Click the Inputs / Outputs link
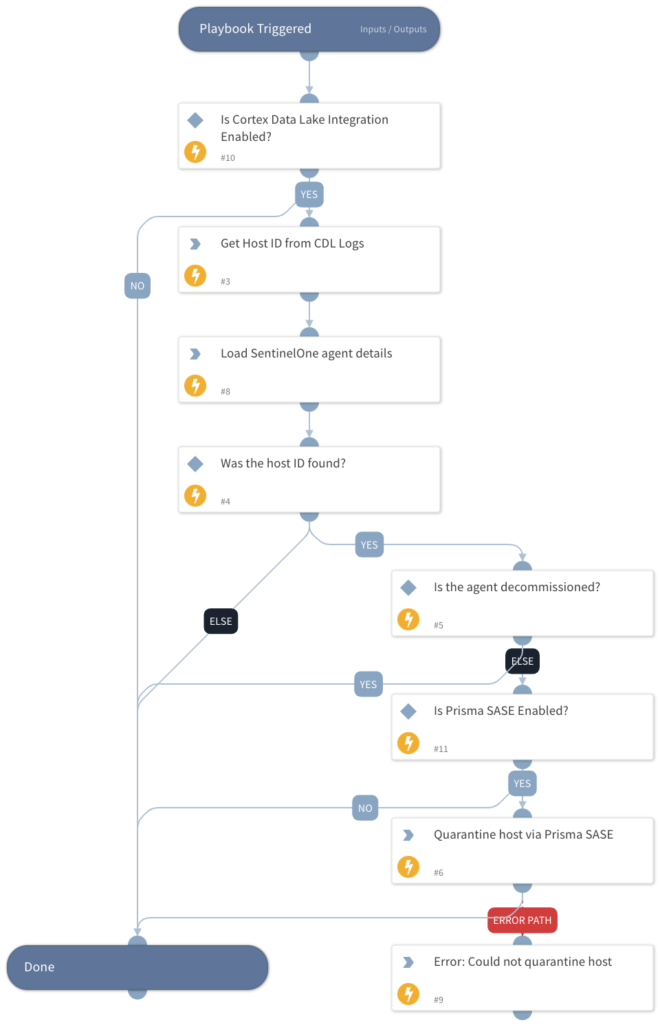pyautogui.click(x=393, y=30)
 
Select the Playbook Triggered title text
pyautogui.click(x=255, y=29)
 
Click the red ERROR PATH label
pyautogui.click(x=522, y=920)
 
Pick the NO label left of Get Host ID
pyautogui.click(x=137, y=286)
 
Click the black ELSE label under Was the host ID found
pyautogui.click(x=221, y=621)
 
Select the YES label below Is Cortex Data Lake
pyautogui.click(x=309, y=195)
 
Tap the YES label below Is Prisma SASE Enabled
pyautogui.click(x=522, y=784)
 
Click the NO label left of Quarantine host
pyautogui.click(x=365, y=808)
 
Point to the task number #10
pyautogui.click(x=228, y=158)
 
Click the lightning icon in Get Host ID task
pyautogui.click(x=195, y=276)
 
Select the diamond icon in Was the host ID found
pyautogui.click(x=195, y=464)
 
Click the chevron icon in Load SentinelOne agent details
pyautogui.click(x=195, y=354)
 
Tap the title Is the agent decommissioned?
pyautogui.click(x=516, y=587)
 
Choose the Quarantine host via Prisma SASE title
pyautogui.click(x=523, y=835)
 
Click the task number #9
pyautogui.click(x=439, y=1000)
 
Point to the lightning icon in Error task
pyautogui.click(x=408, y=994)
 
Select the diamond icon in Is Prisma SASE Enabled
pyautogui.click(x=408, y=711)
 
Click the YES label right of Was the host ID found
pyautogui.click(x=369, y=545)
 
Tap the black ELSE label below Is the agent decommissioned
pyautogui.click(x=522, y=661)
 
